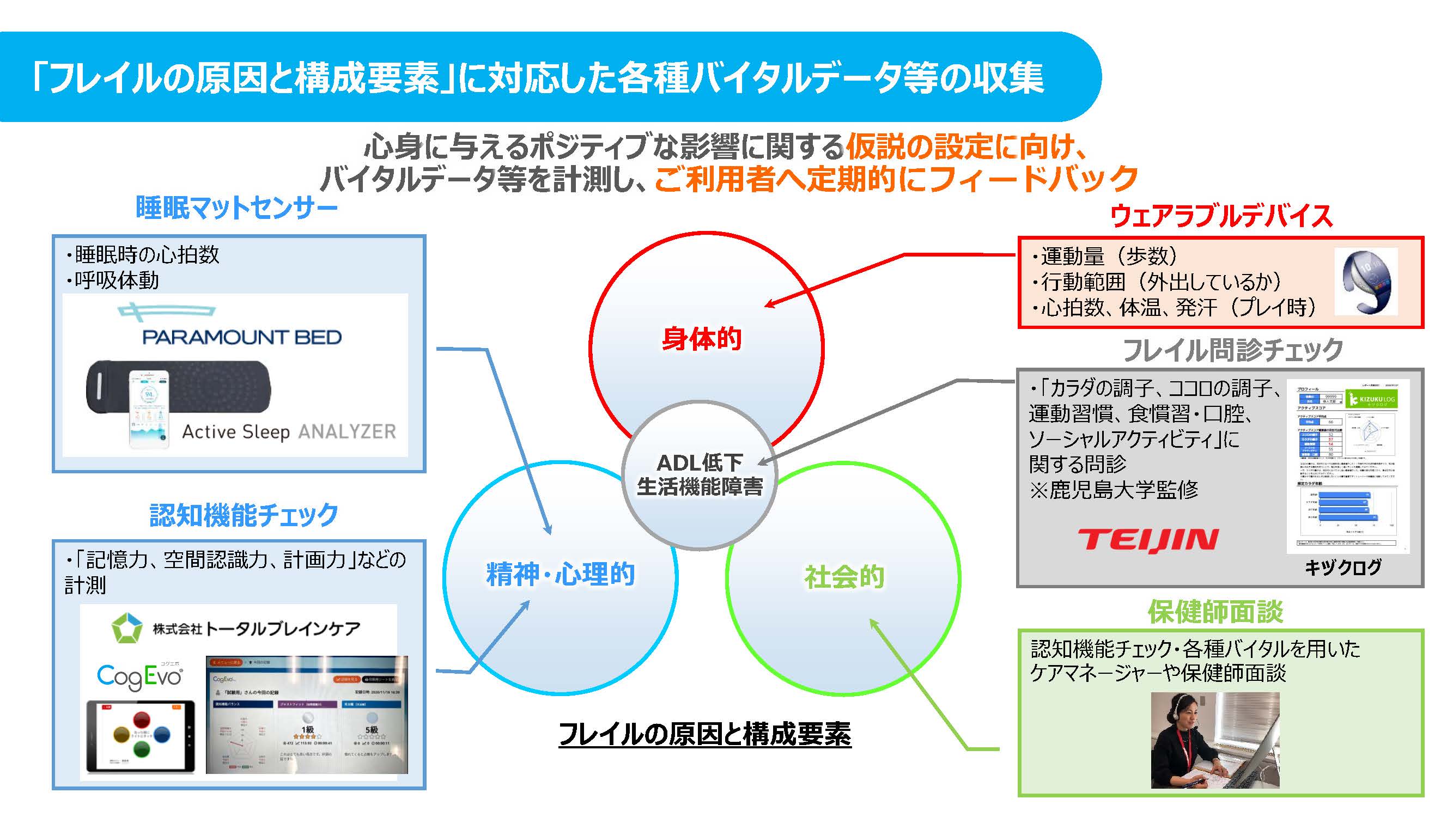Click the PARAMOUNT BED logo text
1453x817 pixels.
pos(241,337)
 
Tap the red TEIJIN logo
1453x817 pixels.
pos(1148,540)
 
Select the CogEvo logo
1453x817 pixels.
pos(139,676)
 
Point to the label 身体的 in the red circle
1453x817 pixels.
pos(701,339)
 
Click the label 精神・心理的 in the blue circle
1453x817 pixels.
pos(560,575)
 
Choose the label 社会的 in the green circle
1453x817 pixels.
pos(844,577)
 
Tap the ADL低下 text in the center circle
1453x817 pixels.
pos(700,463)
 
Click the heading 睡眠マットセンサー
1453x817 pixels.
pos(237,208)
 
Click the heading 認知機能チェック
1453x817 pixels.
pos(244,515)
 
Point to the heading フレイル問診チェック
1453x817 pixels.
pos(1233,350)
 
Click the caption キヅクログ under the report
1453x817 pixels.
pos(1343,566)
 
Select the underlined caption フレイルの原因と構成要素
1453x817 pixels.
pos(704,734)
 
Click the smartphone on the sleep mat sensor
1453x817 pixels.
pos(149,407)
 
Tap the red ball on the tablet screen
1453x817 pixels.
pos(142,720)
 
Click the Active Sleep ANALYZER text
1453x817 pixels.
pos(289,432)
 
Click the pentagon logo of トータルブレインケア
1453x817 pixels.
pos(126,627)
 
